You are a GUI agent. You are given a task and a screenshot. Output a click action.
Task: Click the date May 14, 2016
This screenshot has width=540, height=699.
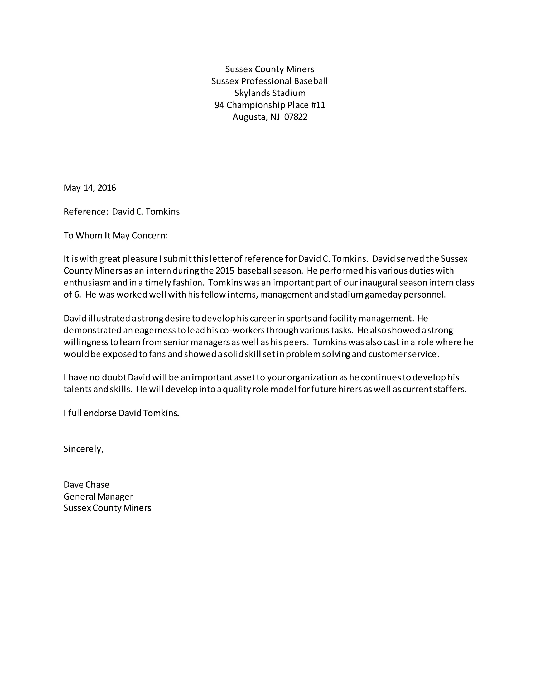pos(90,188)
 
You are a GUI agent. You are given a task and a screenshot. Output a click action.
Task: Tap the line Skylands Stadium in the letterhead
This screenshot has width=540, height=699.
pos(270,93)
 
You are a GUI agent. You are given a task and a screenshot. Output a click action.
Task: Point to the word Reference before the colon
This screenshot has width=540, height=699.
pos(84,212)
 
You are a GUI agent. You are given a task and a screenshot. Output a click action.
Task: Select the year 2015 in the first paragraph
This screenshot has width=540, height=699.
pos(225,271)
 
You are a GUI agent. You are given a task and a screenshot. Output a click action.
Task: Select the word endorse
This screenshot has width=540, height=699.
pos(100,413)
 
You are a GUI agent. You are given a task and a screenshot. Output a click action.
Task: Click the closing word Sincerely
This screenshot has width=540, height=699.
pos(83,449)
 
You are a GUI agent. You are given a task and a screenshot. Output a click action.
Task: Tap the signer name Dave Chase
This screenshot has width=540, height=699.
pos(86,485)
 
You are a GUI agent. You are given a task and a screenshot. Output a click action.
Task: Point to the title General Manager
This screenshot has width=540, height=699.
pos(98,497)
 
